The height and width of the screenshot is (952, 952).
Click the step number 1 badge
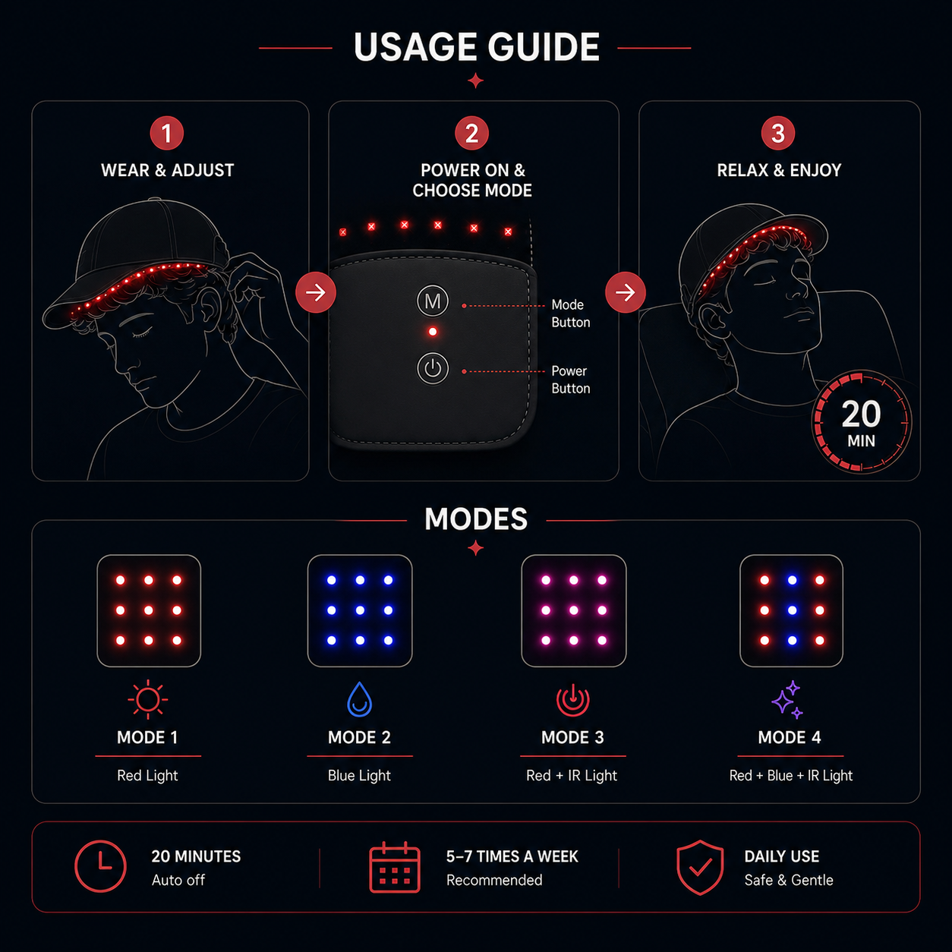(166, 133)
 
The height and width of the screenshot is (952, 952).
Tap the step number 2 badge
(471, 133)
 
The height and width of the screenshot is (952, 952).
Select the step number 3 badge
(778, 133)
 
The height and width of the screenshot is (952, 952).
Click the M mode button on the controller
(433, 301)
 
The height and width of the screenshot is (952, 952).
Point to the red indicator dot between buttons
(433, 332)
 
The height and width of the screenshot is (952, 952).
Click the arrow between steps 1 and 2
(316, 292)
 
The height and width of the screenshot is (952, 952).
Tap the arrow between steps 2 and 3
(626, 292)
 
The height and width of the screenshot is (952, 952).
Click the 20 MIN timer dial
(861, 422)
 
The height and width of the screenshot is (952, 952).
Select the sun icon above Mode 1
(148, 700)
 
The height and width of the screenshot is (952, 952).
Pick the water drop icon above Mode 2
(360, 699)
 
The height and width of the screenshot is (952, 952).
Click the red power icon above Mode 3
(573, 699)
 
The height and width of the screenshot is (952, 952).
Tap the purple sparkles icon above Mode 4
(787, 699)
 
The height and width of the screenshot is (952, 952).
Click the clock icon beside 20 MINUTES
(100, 866)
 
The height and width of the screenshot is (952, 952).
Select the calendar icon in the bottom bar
(395, 867)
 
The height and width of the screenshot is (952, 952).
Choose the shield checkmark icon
(700, 868)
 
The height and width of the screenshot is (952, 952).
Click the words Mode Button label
(571, 314)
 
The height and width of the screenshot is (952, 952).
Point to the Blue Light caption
(359, 776)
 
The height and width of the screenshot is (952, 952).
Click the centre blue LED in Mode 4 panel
(792, 610)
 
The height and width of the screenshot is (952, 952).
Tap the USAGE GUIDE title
(476, 47)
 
